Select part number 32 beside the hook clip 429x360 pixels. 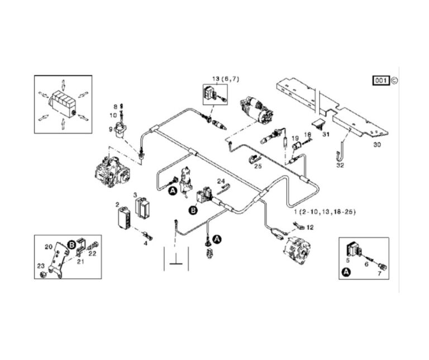[340, 165]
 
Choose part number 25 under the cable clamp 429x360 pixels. [257, 166]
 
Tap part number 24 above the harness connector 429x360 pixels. [221, 181]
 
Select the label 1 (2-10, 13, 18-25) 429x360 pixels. [324, 212]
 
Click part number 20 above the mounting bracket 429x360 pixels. [49, 246]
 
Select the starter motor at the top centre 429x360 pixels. [257, 109]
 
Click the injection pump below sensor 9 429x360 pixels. [112, 168]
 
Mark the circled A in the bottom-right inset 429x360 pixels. [346, 272]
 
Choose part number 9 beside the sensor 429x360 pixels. [111, 130]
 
